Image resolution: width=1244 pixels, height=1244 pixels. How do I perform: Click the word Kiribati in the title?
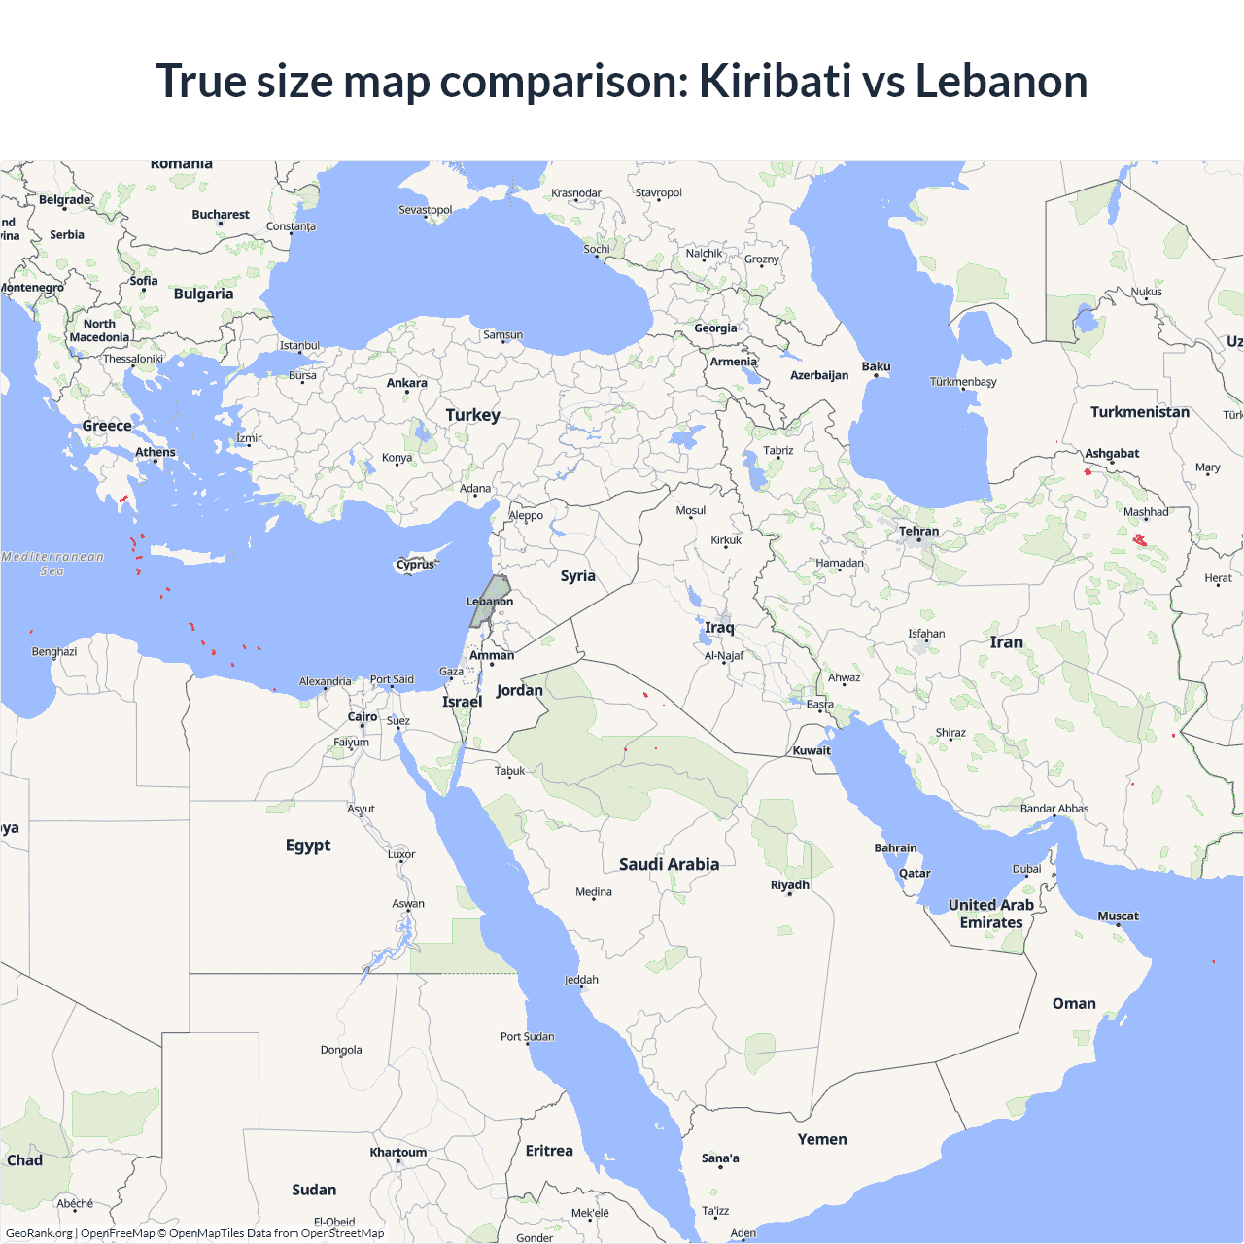(775, 81)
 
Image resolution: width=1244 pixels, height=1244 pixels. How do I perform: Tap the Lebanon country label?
(490, 602)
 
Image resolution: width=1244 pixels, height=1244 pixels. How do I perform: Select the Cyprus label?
(416, 565)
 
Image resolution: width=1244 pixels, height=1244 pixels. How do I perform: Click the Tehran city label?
(918, 531)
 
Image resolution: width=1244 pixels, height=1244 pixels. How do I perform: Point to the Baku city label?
(876, 366)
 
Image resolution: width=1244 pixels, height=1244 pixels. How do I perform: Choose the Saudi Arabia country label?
(669, 864)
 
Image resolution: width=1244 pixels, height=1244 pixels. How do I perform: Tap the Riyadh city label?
(789, 884)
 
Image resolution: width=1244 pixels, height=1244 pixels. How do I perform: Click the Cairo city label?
(363, 716)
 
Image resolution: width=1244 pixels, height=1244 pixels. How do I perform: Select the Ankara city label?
(406, 383)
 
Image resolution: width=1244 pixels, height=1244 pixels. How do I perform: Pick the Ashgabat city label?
(1112, 453)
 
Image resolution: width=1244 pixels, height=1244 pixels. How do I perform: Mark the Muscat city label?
(1118, 916)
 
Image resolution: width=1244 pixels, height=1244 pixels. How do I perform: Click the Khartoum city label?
(397, 1152)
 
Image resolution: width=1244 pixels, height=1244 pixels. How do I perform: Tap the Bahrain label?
(895, 847)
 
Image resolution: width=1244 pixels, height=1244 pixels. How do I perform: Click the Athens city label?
(155, 452)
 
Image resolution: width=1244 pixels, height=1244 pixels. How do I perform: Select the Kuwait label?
(812, 750)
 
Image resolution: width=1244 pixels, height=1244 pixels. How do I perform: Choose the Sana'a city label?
(720, 1158)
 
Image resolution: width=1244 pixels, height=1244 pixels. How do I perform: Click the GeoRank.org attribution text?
(39, 1233)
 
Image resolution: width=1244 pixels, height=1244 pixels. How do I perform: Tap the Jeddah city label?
(581, 979)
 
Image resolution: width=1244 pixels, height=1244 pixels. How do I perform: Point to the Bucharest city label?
(221, 214)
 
